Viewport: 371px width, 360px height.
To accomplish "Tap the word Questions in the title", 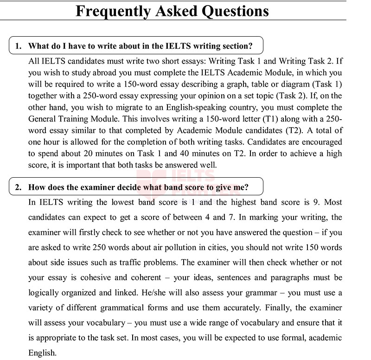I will tap(235, 11).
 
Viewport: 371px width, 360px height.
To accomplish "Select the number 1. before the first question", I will tap(18, 46).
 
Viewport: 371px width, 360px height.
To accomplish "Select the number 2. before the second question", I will tap(18, 187).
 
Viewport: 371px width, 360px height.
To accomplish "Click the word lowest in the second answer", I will tap(126, 202).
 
